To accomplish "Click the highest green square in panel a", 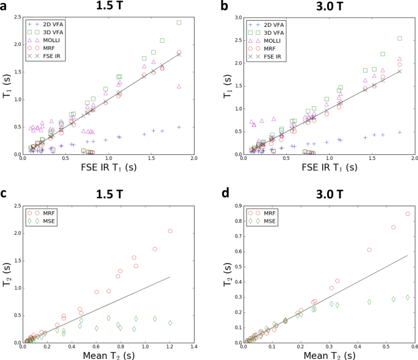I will pos(179,23).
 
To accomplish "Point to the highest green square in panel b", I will pos(400,38).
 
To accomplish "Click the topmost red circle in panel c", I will pos(170,231).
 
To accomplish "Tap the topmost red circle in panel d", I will pos(408,214).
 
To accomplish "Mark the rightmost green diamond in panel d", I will pos(408,297).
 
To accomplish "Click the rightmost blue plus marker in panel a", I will pos(179,127).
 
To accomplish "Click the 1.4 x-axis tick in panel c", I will pos(193,347).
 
